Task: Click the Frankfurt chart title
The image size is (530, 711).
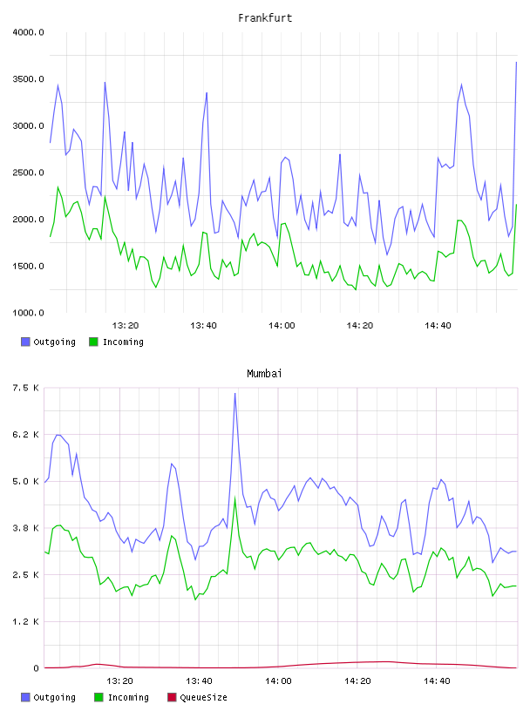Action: [265, 17]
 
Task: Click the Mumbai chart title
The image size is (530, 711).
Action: [264, 373]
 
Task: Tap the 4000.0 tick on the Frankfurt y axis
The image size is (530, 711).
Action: [28, 32]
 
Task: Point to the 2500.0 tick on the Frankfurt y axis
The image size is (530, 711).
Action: [28, 173]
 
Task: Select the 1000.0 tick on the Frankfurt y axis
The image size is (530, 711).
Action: [28, 313]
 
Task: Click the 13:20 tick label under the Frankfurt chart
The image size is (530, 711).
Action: [126, 325]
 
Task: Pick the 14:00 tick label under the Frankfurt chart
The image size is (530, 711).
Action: [282, 325]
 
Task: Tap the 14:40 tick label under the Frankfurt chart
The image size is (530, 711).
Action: [438, 325]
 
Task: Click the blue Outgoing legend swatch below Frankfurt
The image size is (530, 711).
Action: [25, 342]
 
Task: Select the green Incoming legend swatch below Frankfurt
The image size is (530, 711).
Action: [93, 342]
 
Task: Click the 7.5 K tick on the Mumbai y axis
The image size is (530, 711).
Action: [26, 388]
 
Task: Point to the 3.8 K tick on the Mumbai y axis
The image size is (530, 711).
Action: [26, 528]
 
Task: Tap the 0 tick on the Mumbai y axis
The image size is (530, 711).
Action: [36, 668]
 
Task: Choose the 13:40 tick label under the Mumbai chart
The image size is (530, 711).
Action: [199, 681]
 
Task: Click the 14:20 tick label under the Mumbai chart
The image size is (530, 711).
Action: [357, 681]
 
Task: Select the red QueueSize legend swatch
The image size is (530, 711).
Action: [172, 697]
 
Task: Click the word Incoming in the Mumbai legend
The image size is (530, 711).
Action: [128, 697]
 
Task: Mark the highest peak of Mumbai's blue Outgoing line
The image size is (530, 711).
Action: [234, 393]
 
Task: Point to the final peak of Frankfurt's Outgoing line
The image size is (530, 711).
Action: [516, 62]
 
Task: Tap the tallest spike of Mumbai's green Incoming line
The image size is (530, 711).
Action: [234, 498]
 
